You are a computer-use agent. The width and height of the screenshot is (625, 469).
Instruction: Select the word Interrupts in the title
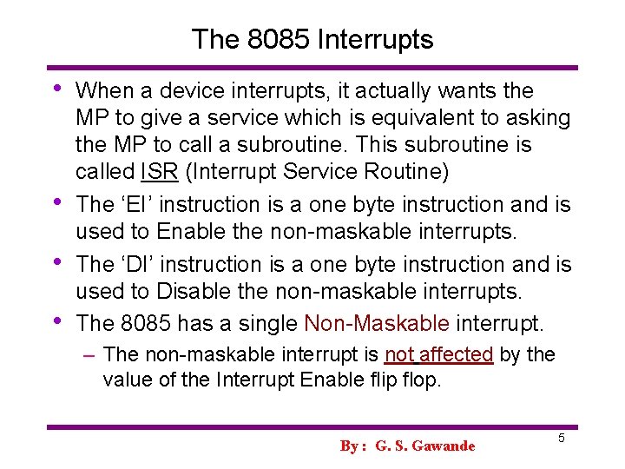(x=378, y=39)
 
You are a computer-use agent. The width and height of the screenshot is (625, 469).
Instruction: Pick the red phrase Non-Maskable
(x=377, y=324)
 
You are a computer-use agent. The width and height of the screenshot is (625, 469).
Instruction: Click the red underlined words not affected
(x=438, y=354)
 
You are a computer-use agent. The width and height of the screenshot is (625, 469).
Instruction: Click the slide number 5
(x=562, y=439)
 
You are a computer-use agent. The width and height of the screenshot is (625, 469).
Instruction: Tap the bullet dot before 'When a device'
(x=57, y=87)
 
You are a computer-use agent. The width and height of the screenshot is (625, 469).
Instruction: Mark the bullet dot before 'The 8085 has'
(x=57, y=320)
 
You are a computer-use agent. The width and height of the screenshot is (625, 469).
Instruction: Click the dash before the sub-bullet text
(x=90, y=354)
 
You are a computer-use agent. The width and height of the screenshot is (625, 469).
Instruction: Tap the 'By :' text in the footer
(x=352, y=446)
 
